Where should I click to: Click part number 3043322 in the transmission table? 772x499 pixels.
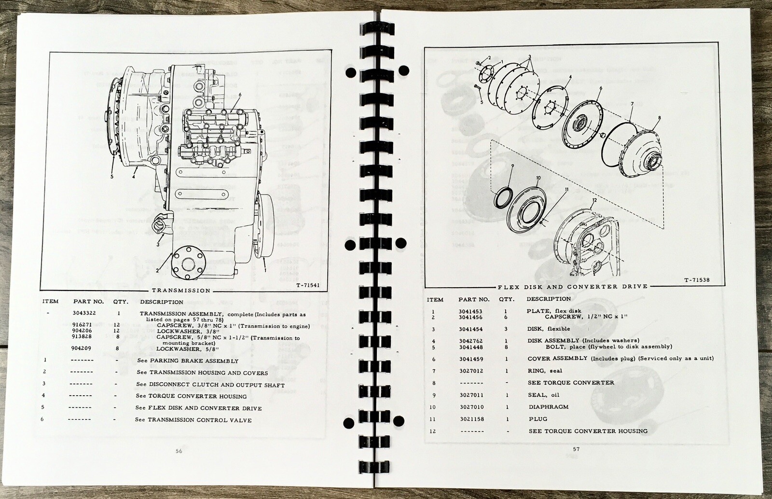pos(84,313)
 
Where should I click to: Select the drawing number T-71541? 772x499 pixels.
pos(308,285)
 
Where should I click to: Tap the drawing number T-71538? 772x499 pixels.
pos(697,280)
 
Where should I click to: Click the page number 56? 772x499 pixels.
pos(179,451)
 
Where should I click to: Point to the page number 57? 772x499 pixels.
pos(576,449)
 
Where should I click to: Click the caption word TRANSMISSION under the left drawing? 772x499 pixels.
pos(181,291)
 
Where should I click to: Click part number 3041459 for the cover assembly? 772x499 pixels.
pos(471,359)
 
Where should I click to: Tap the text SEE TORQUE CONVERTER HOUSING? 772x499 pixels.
pos(588,431)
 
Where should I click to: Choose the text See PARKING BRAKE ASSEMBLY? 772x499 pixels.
pos(188,361)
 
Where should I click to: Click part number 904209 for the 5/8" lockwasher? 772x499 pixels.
pos(81,348)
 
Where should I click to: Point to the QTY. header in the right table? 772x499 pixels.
pos(506,300)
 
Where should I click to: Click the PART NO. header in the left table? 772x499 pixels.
pos(89,302)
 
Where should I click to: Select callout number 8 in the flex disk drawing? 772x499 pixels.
pos(659,118)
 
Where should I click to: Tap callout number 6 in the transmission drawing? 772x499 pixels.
pos(239,95)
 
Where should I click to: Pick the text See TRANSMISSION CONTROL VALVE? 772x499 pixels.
pos(193,420)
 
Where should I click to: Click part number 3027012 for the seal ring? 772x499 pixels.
pos(471,371)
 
